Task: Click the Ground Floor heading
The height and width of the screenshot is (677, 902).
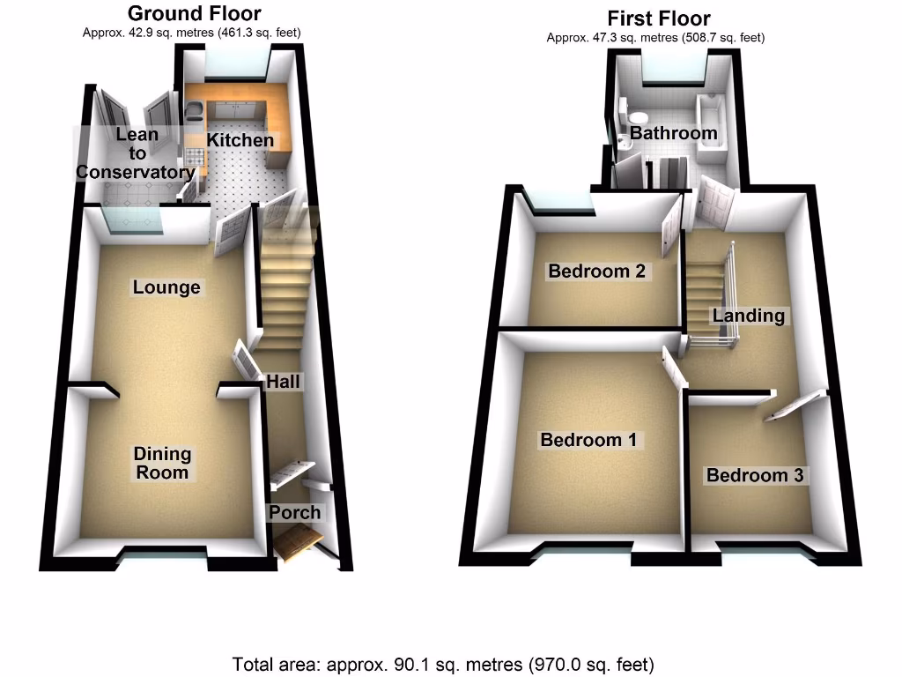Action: (x=195, y=13)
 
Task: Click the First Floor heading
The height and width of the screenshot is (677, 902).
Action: (x=658, y=19)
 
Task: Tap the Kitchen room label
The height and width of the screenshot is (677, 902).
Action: (x=240, y=140)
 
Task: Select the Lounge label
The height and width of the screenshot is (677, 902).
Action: (x=166, y=287)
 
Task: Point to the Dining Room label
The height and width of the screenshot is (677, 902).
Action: (x=162, y=464)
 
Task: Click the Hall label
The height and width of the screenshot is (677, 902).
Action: (x=285, y=382)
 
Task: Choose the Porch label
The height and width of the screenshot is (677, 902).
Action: (x=295, y=513)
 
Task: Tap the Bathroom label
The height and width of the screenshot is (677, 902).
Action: (x=673, y=134)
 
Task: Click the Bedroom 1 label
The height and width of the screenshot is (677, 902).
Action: (x=588, y=440)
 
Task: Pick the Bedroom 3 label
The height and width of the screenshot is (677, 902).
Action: (x=755, y=476)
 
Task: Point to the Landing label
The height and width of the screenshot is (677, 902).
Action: (x=749, y=316)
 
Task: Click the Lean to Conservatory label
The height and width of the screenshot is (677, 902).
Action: (x=136, y=153)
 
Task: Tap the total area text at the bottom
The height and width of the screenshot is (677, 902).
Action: (x=443, y=664)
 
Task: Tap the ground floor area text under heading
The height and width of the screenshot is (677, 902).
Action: (x=193, y=33)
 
